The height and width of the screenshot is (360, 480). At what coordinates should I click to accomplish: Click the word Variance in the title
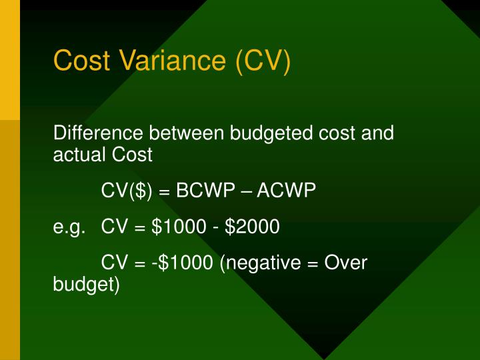coord(175,61)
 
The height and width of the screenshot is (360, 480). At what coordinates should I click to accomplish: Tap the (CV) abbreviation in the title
coord(263,61)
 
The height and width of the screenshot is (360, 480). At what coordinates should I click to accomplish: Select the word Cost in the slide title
coord(85,61)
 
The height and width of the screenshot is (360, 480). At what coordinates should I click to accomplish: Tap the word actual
coord(73,155)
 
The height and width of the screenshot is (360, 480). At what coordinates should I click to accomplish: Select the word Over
coord(345,263)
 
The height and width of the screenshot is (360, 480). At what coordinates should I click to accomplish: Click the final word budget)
coord(86,285)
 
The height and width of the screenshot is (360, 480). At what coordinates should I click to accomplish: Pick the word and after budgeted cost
coord(377,133)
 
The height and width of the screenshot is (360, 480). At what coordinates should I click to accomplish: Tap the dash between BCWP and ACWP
coord(248,191)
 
